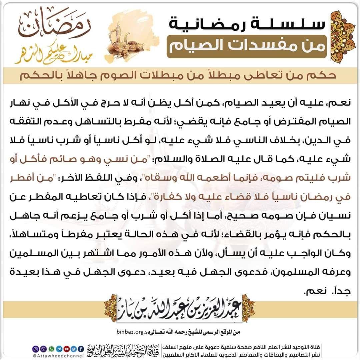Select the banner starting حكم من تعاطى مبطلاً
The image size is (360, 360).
click(180, 75)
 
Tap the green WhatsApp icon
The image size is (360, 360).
click(52, 349)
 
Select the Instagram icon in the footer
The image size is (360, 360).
click(37, 349)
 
